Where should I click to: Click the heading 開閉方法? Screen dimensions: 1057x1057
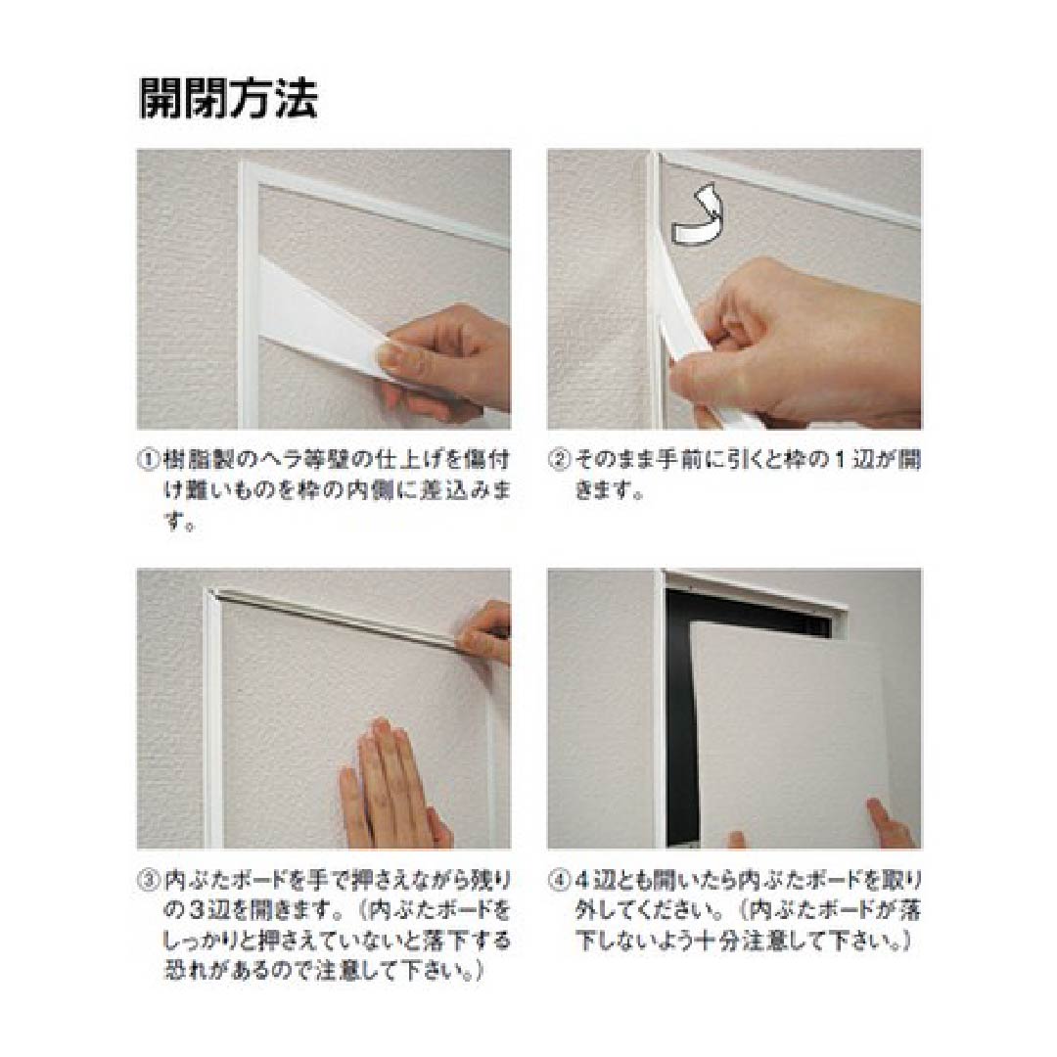click(x=228, y=98)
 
